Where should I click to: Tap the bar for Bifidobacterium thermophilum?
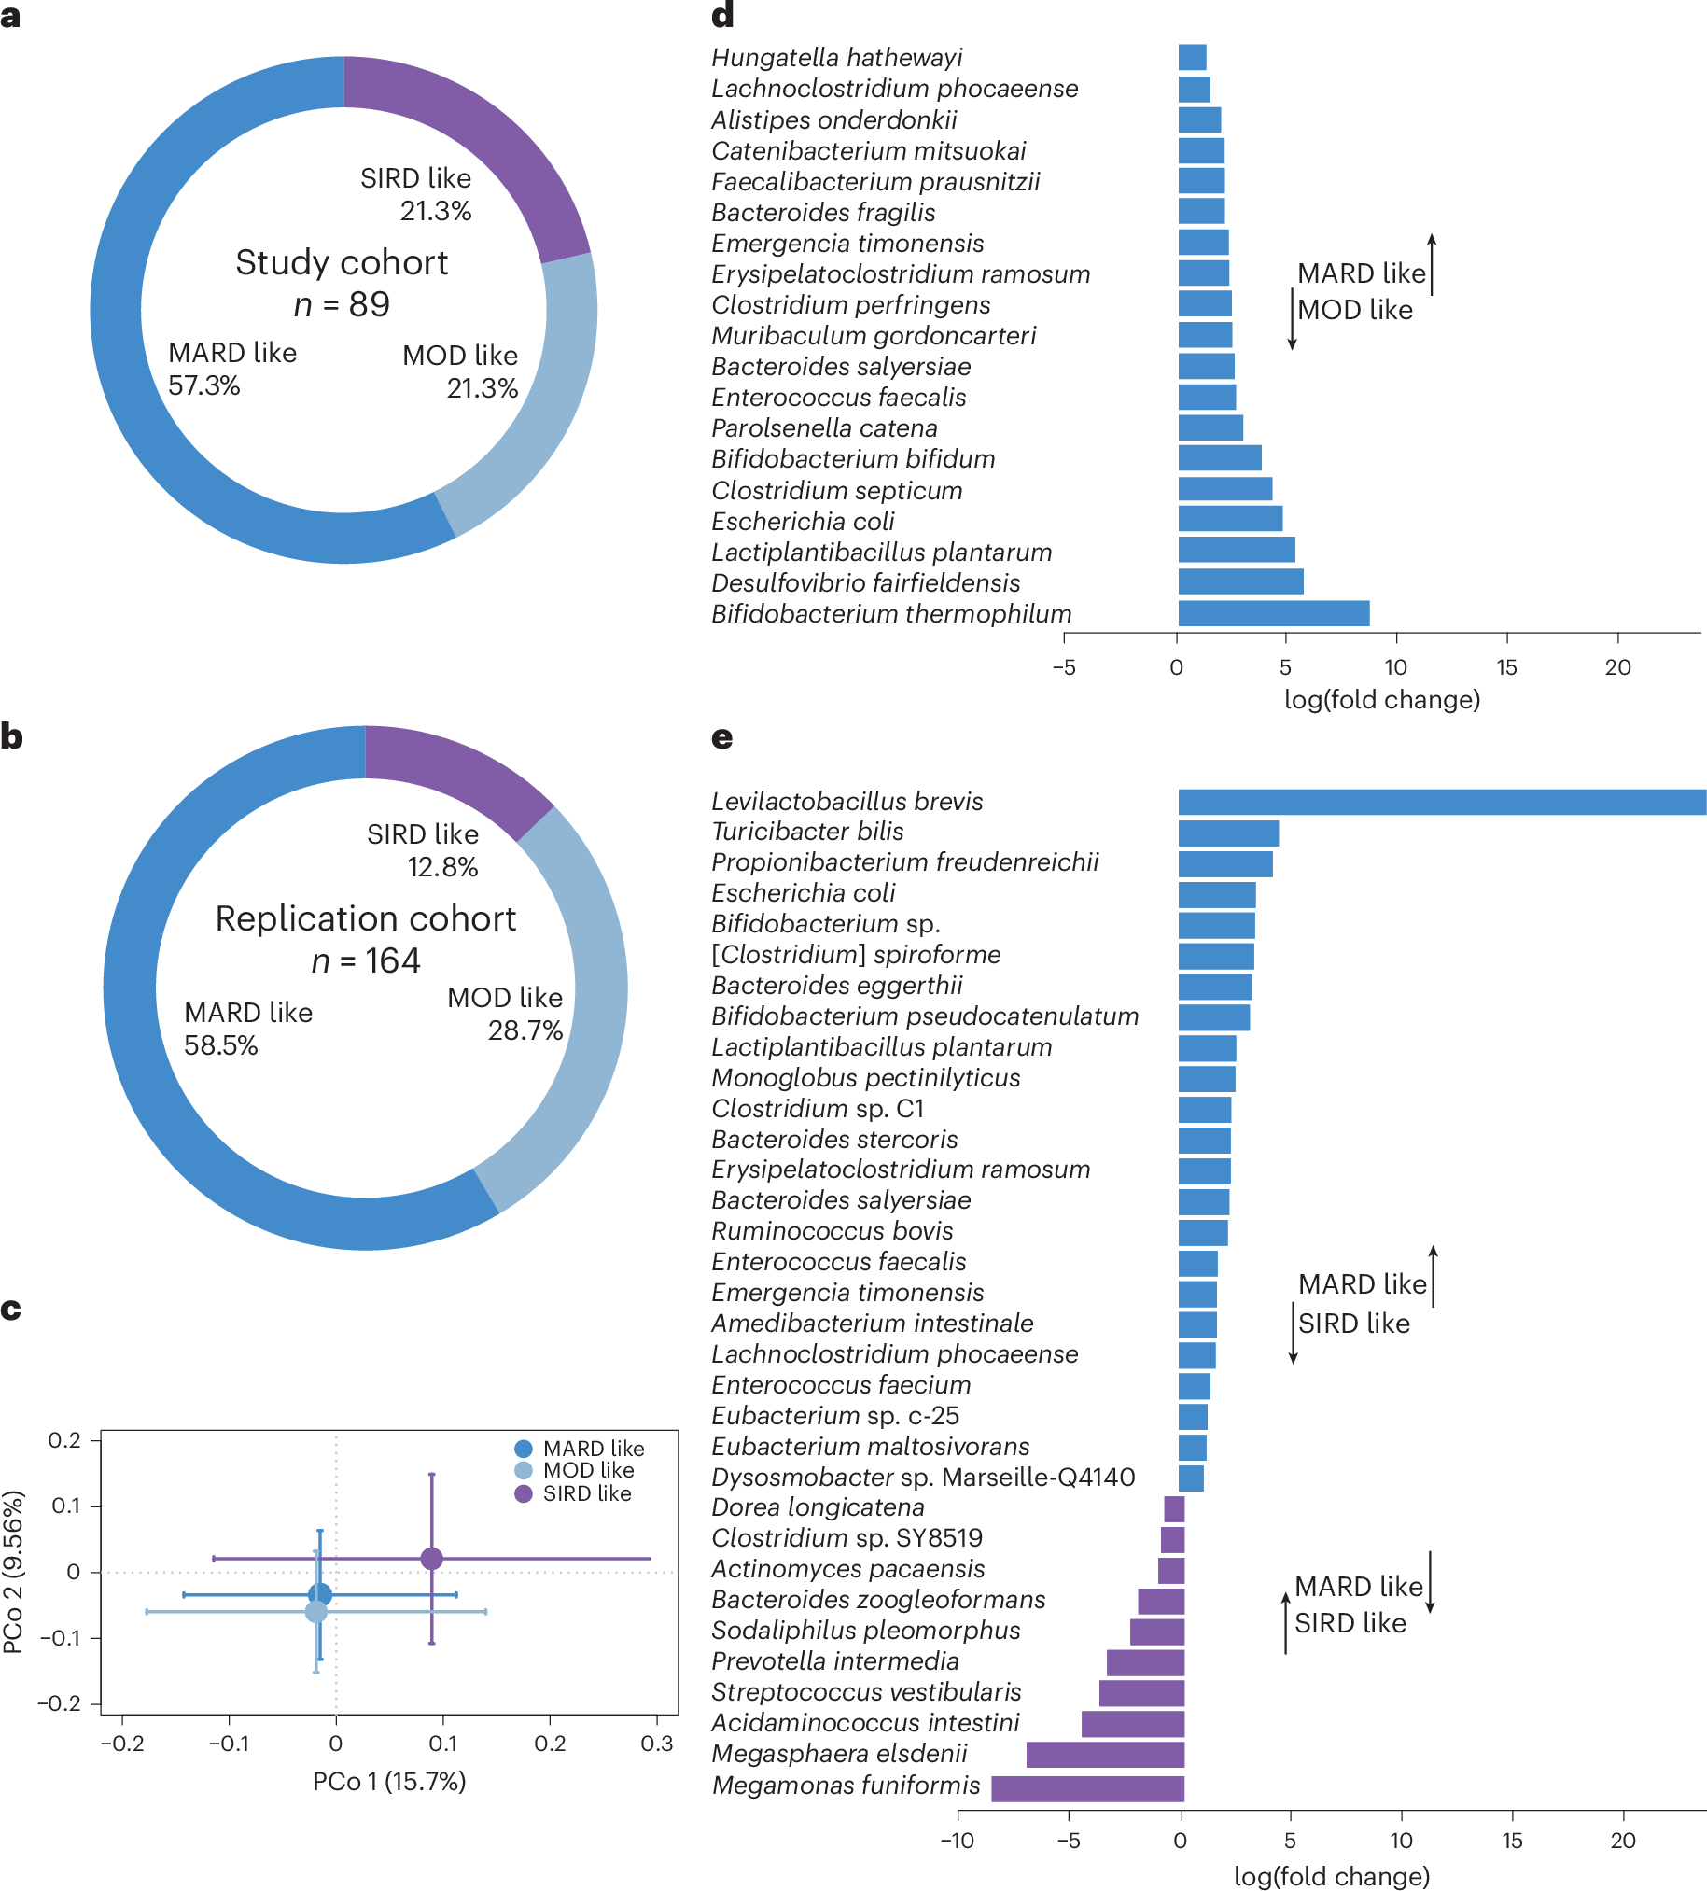[1273, 614]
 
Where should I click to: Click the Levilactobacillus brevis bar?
[1441, 802]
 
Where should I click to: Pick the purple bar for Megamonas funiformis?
[1088, 1788]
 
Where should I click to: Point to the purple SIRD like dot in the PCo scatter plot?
[431, 1559]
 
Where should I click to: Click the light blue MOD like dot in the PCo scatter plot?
[316, 1612]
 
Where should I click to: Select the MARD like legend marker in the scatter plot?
[524, 1449]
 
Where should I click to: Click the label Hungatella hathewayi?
[836, 58]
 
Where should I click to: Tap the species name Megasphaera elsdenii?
[838, 1754]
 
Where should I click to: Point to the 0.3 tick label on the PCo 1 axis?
[656, 1744]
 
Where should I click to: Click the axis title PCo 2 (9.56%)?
[14, 1572]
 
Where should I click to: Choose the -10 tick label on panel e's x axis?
[957, 1842]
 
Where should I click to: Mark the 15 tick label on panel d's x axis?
[1506, 668]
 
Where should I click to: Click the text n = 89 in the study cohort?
[342, 305]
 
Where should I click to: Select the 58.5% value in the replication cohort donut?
[220, 1046]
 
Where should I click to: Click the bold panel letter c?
[11, 1310]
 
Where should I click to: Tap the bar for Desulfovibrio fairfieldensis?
[1240, 582]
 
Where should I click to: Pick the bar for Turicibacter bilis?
[1227, 833]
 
